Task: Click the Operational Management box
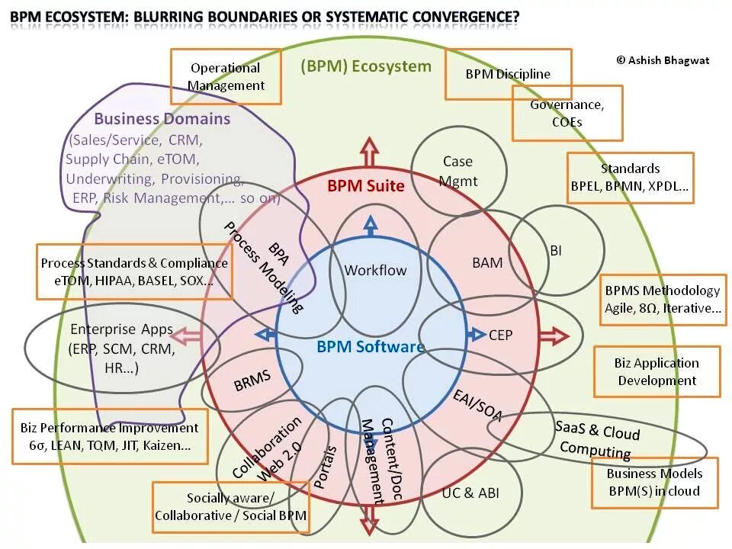click(226, 76)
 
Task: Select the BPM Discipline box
click(508, 74)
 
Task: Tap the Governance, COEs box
click(567, 113)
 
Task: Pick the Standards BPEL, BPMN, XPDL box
click(630, 177)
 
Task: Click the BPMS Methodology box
click(662, 299)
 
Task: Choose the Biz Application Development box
click(657, 371)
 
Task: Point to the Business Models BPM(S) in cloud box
click(654, 482)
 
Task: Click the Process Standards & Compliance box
click(134, 271)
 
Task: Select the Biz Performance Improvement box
click(109, 437)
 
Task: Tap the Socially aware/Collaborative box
click(230, 507)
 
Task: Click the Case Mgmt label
click(458, 171)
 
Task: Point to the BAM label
click(487, 263)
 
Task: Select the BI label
click(556, 250)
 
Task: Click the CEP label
click(501, 335)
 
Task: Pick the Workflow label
click(375, 270)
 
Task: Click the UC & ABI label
click(470, 493)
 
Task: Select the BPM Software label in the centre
click(370, 347)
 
